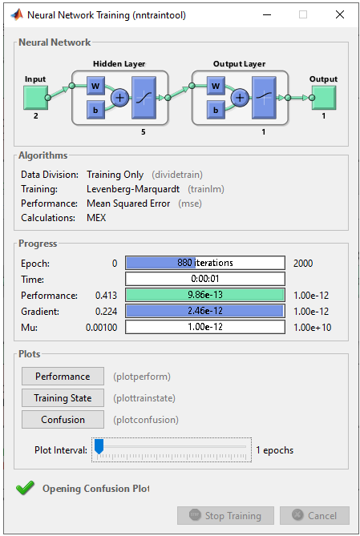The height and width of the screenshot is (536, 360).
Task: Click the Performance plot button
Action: pyautogui.click(x=63, y=377)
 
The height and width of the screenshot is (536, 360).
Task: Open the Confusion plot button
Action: pyautogui.click(x=63, y=420)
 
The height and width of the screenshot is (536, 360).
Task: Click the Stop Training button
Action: pyautogui.click(x=225, y=515)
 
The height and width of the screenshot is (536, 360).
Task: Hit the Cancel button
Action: pyautogui.click(x=314, y=515)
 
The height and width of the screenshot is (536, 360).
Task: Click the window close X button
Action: pyautogui.click(x=340, y=14)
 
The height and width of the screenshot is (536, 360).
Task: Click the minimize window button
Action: pyautogui.click(x=267, y=14)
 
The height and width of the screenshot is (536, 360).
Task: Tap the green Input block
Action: pyautogui.click(x=35, y=98)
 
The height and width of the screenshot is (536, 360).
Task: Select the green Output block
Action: pyautogui.click(x=324, y=98)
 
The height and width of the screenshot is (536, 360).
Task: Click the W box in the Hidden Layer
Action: pyautogui.click(x=95, y=86)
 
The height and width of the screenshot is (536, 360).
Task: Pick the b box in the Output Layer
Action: pyautogui.click(x=216, y=110)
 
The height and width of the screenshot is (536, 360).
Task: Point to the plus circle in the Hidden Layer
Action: pyautogui.click(x=119, y=98)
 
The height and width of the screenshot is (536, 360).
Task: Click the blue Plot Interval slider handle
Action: pyautogui.click(x=99, y=446)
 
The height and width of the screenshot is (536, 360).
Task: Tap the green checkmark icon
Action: pyautogui.click(x=25, y=488)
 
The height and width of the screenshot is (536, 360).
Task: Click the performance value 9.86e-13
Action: pyautogui.click(x=205, y=295)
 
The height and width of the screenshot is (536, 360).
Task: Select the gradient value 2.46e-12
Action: pyautogui.click(x=205, y=311)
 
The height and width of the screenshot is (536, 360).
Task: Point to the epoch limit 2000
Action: pyautogui.click(x=303, y=264)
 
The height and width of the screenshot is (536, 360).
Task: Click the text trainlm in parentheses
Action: pyautogui.click(x=206, y=189)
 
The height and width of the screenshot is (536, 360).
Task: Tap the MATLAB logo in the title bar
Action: pyautogui.click(x=17, y=14)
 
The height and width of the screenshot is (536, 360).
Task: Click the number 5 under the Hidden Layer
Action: pyautogui.click(x=144, y=132)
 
